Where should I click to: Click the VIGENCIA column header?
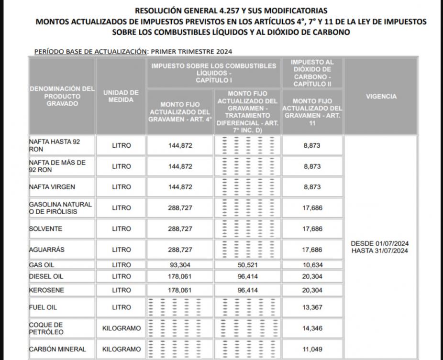(381, 97)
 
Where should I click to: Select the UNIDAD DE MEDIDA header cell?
(121, 96)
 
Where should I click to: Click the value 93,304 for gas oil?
(180, 265)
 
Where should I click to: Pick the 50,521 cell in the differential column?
(247, 265)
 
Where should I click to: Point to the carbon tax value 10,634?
(312, 265)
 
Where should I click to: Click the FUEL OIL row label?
(43, 307)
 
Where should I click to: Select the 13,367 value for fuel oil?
(312, 307)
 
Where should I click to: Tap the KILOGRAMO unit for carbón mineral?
(122, 349)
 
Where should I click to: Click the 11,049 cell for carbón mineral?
(312, 349)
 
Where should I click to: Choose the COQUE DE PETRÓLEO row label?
(46, 328)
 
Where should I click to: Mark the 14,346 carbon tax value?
(312, 328)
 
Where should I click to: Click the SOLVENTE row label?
(46, 229)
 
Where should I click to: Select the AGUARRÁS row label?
(47, 250)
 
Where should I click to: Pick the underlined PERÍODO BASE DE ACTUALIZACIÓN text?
(90, 52)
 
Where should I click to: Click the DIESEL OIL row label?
(46, 276)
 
